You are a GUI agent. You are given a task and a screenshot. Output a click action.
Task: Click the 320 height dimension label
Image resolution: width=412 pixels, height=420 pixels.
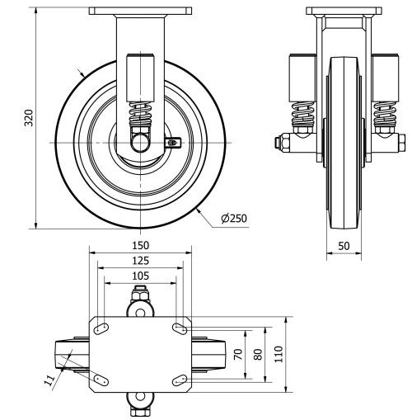[x=30, y=118]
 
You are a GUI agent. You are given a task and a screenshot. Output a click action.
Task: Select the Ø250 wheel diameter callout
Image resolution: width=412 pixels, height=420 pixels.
[x=234, y=219]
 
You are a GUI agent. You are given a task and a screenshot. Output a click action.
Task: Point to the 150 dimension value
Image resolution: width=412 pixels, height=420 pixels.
[x=140, y=245]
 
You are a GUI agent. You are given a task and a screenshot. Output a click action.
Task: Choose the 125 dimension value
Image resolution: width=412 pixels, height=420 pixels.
[x=140, y=261]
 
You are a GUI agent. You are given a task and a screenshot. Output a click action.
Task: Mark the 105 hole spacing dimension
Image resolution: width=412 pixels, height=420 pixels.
[x=140, y=276]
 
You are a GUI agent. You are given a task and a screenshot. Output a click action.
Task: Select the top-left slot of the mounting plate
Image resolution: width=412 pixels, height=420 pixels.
[x=101, y=329]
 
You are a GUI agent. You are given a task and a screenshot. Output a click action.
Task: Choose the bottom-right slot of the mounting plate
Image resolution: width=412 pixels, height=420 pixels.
[x=180, y=380]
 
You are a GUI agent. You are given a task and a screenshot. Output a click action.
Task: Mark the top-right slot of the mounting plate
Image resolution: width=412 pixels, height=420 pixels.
[x=180, y=329]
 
